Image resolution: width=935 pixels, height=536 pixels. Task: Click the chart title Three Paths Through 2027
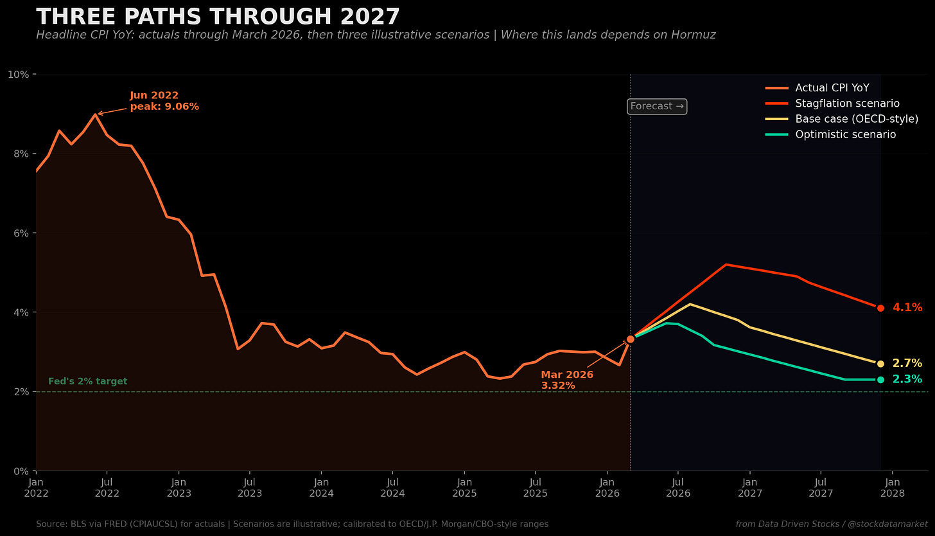point(218,17)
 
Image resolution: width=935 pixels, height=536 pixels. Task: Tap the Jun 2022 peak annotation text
point(164,101)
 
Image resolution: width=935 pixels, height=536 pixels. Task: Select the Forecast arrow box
point(657,107)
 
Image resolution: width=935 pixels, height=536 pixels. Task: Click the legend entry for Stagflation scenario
point(832,103)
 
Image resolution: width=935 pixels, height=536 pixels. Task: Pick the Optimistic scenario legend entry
point(831,134)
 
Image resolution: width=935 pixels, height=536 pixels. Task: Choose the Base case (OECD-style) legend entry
point(841,119)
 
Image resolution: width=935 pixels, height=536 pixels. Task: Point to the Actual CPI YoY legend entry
point(817,88)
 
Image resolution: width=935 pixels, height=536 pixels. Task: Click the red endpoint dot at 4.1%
point(881,308)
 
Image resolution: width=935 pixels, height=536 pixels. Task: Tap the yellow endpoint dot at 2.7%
point(881,364)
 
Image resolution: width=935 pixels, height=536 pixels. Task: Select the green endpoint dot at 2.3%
point(881,380)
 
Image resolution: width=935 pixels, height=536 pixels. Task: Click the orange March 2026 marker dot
point(631,339)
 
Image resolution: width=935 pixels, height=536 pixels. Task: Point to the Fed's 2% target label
point(87,381)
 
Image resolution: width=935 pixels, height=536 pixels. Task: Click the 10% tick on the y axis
point(19,75)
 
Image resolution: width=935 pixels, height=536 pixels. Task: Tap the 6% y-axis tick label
point(21,233)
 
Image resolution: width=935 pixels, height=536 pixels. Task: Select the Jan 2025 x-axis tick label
point(464,488)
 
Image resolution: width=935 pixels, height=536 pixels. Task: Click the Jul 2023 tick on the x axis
point(250,488)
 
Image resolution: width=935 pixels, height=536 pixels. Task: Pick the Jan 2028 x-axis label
point(893,488)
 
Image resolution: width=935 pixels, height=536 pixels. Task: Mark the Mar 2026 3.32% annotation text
point(567,380)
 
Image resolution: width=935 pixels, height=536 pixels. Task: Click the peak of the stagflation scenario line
point(726,264)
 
